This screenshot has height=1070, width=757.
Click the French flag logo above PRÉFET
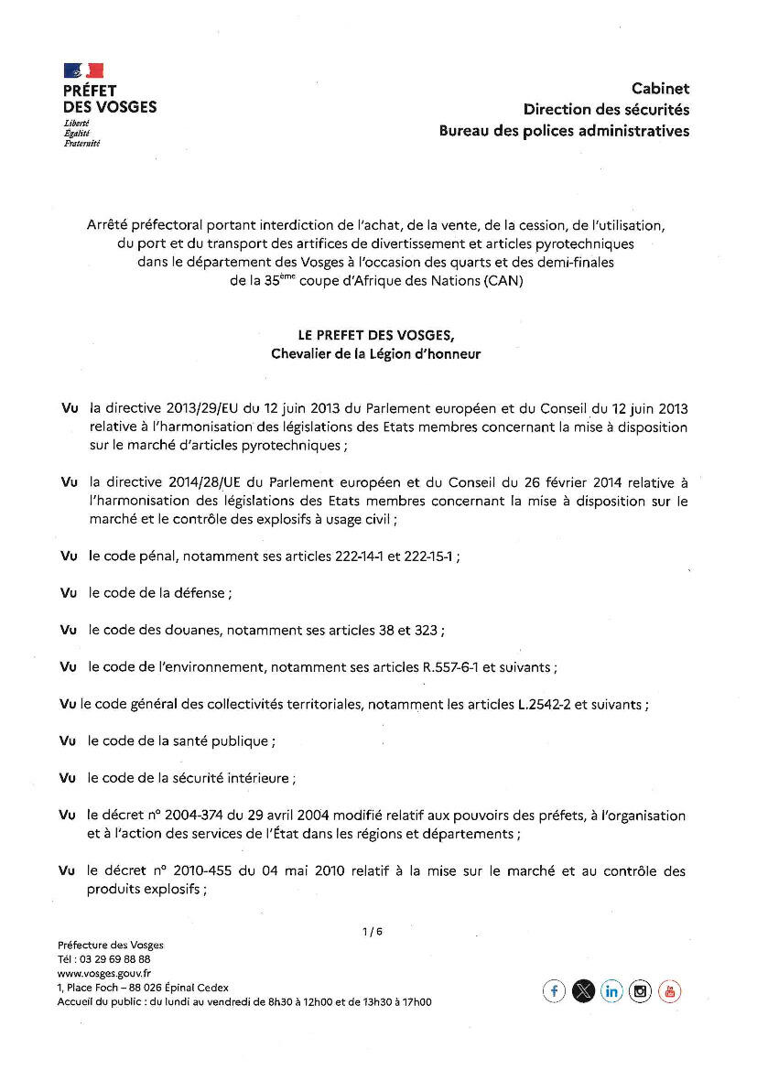[x=83, y=70]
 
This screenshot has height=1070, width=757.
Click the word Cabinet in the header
[x=660, y=89]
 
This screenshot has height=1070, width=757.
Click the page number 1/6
[x=373, y=932]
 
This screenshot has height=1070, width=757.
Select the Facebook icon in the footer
[x=554, y=991]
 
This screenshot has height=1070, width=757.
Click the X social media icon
[x=583, y=991]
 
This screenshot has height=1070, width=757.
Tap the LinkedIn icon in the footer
[x=611, y=991]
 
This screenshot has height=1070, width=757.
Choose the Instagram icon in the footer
[x=641, y=991]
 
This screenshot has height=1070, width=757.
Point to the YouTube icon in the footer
[x=670, y=991]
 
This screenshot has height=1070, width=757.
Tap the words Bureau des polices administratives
[x=564, y=131]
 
